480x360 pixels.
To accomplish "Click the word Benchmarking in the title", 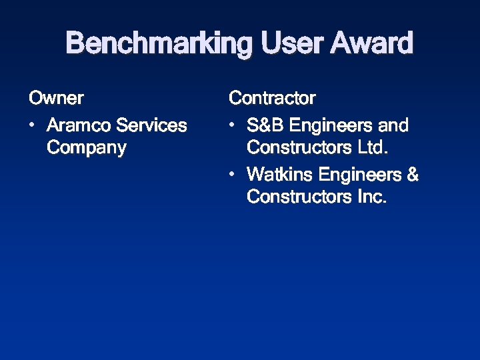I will coord(160,44).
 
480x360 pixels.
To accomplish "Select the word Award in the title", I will coord(372,44).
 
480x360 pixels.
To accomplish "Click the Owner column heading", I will coord(56,99).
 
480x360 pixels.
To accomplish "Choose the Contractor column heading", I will coord(272,99).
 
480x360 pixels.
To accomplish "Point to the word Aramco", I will coord(79,125).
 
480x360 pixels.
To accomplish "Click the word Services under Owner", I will coord(151,125).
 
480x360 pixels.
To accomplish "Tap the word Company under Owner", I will coord(87,148).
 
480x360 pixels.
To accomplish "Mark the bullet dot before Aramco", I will coord(33,125).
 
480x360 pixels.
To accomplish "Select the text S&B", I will coord(265,125).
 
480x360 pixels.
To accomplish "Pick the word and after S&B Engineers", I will coord(394,125).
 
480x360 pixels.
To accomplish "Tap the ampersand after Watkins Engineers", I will coord(413,175).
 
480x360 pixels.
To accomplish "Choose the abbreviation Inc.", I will coord(372,197).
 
